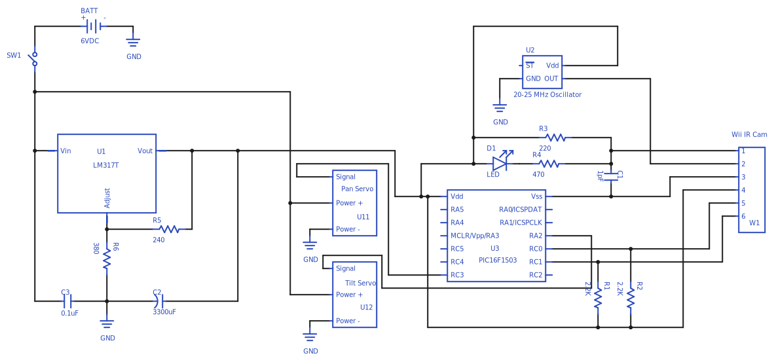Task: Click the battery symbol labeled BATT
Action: tap(94, 26)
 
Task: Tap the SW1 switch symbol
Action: tap(35, 59)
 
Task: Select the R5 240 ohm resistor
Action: tap(169, 229)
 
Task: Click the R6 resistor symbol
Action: tap(107, 261)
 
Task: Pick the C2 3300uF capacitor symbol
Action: tap(156, 301)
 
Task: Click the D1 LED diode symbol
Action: tap(500, 163)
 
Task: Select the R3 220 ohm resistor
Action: tap(555, 137)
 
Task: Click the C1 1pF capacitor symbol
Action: tap(611, 175)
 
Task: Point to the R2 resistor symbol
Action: tap(631, 298)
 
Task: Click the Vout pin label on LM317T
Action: tap(145, 151)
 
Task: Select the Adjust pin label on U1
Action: tap(107, 198)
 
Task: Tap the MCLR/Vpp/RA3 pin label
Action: tap(475, 236)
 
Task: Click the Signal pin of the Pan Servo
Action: tap(346, 177)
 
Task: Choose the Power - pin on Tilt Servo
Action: tap(348, 321)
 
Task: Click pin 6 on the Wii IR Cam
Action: tap(743, 216)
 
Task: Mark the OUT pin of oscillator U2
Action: tap(551, 79)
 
